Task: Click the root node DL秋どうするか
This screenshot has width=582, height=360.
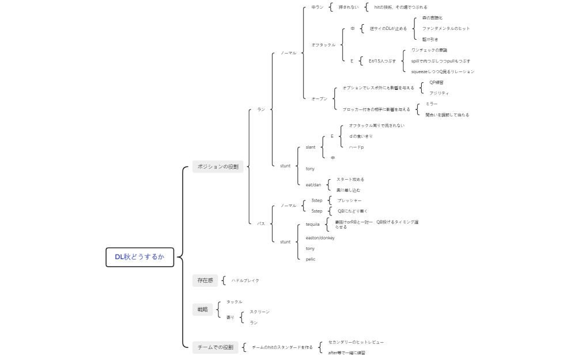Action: pyautogui.click(x=139, y=257)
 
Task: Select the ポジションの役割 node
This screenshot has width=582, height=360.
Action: pyautogui.click(x=218, y=167)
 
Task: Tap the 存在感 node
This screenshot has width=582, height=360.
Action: pyautogui.click(x=205, y=281)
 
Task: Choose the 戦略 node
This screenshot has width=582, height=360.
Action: pyautogui.click(x=202, y=309)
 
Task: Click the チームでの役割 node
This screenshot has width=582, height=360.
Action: pyautogui.click(x=215, y=347)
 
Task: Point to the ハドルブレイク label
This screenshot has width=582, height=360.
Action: pyautogui.click(x=245, y=281)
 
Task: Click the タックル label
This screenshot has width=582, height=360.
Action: pyautogui.click(x=235, y=302)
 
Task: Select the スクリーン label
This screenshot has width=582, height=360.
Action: pyautogui.click(x=259, y=312)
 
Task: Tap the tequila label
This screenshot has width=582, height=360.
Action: pyautogui.click(x=313, y=224)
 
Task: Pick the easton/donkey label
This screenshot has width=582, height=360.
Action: pyautogui.click(x=320, y=238)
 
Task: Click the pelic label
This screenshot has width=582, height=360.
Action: pyautogui.click(x=311, y=259)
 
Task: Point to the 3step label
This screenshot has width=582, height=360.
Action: pyautogui.click(x=317, y=200)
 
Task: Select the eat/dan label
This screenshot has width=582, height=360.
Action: pyautogui.click(x=313, y=185)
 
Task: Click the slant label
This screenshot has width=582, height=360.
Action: pyautogui.click(x=311, y=147)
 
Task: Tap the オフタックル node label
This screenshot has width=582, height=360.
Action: pyautogui.click(x=323, y=44)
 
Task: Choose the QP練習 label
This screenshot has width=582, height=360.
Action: pyautogui.click(x=436, y=82)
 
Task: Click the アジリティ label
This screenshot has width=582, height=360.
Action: pyautogui.click(x=439, y=93)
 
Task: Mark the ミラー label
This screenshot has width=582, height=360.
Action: pyautogui.click(x=432, y=104)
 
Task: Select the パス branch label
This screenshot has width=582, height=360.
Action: pyautogui.click(x=261, y=223)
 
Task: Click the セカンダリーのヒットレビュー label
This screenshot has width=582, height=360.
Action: pyautogui.click(x=356, y=342)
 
